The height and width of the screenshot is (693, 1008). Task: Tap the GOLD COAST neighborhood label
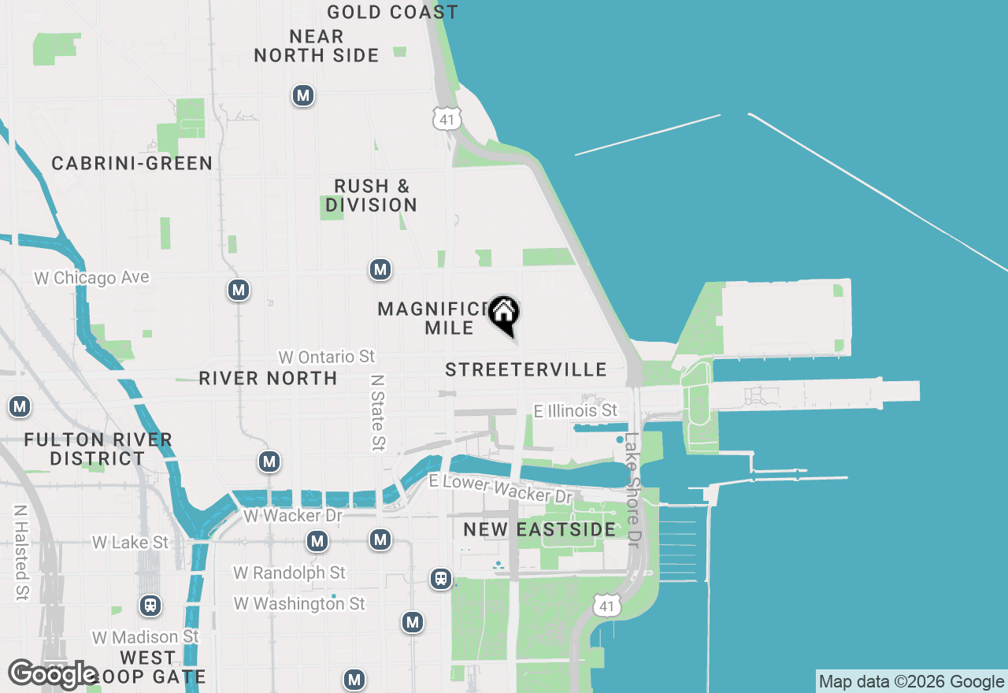(392, 12)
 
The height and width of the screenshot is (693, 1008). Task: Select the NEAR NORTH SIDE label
(317, 46)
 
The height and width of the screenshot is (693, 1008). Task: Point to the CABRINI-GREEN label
(132, 163)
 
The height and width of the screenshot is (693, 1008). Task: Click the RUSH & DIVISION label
(371, 195)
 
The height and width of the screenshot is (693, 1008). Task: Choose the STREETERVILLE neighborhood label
(525, 369)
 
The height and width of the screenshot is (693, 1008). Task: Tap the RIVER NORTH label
(268, 378)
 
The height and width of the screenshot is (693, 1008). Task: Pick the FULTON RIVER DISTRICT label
(98, 449)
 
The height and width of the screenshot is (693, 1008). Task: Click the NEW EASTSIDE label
(539, 529)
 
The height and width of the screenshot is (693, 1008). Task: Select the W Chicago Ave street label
(91, 278)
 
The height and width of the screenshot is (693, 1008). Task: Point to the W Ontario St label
(326, 357)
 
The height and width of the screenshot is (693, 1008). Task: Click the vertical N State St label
(379, 412)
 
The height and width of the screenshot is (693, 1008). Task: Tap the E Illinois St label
(576, 411)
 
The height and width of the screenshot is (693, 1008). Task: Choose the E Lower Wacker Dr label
(500, 489)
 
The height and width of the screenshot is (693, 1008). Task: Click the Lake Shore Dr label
(632, 490)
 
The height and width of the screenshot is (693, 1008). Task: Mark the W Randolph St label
(289, 573)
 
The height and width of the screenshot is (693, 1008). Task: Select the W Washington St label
(300, 604)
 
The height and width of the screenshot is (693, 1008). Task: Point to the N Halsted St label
(20, 552)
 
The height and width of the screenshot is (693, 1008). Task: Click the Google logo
(54, 675)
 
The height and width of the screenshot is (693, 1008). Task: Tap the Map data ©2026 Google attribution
(911, 682)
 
